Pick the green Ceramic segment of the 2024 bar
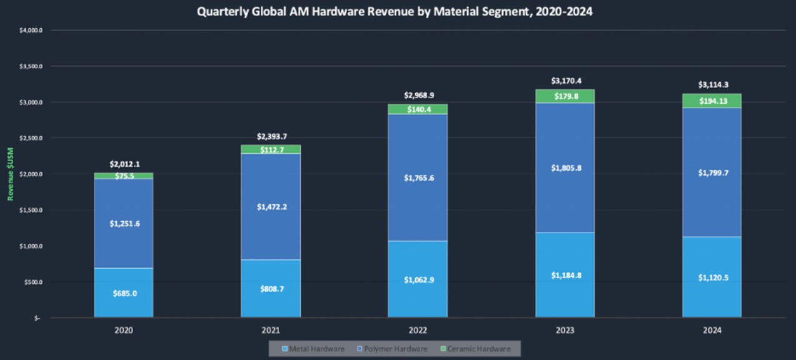(x=712, y=101)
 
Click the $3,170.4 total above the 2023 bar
(x=565, y=81)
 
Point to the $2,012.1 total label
(x=124, y=164)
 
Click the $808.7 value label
(x=271, y=289)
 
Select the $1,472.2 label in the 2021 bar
(x=271, y=206)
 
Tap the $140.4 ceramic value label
(x=418, y=109)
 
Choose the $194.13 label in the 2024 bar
(x=712, y=101)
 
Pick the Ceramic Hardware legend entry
(x=475, y=349)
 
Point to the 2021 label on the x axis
(x=271, y=329)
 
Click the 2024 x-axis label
(x=712, y=329)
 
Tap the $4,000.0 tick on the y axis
(x=31, y=30)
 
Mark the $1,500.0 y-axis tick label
(x=31, y=210)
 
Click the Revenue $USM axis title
(x=11, y=174)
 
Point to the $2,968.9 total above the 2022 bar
(x=418, y=95)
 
